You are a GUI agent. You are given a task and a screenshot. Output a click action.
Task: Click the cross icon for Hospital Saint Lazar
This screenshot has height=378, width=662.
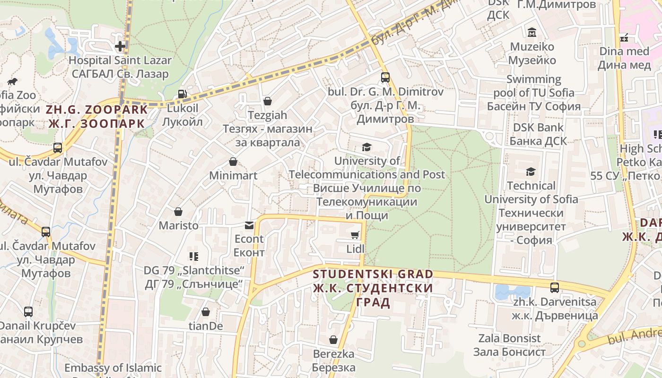[x=120, y=46]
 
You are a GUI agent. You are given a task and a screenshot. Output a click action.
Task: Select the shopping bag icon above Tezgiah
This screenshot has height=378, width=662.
[x=268, y=101]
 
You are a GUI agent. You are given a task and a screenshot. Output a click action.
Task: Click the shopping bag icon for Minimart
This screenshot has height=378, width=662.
[x=233, y=162]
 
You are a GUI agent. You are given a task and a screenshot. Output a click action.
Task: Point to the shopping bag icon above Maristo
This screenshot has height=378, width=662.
[x=178, y=211]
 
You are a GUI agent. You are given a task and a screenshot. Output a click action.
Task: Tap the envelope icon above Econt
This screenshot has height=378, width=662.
[x=249, y=225]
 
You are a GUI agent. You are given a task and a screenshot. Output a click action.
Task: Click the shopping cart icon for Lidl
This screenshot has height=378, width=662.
[x=355, y=235]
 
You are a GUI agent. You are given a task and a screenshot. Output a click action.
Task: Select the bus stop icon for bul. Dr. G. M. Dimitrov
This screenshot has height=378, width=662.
[x=385, y=77]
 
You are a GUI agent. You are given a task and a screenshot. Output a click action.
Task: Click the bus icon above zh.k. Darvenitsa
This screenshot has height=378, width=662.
[x=555, y=287]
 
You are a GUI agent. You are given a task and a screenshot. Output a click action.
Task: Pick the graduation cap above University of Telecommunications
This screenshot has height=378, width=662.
[x=366, y=147]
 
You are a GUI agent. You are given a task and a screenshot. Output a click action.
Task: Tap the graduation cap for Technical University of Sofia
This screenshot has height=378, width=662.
[x=531, y=172]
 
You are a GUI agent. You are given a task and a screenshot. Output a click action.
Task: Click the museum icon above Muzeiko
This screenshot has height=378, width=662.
[x=532, y=33]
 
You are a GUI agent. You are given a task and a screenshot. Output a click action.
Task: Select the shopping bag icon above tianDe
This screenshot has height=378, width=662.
[x=206, y=312]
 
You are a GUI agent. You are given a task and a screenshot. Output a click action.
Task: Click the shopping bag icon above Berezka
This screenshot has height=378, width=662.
[x=333, y=340]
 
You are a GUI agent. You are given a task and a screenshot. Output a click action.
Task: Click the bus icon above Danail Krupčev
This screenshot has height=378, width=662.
[x=28, y=312]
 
